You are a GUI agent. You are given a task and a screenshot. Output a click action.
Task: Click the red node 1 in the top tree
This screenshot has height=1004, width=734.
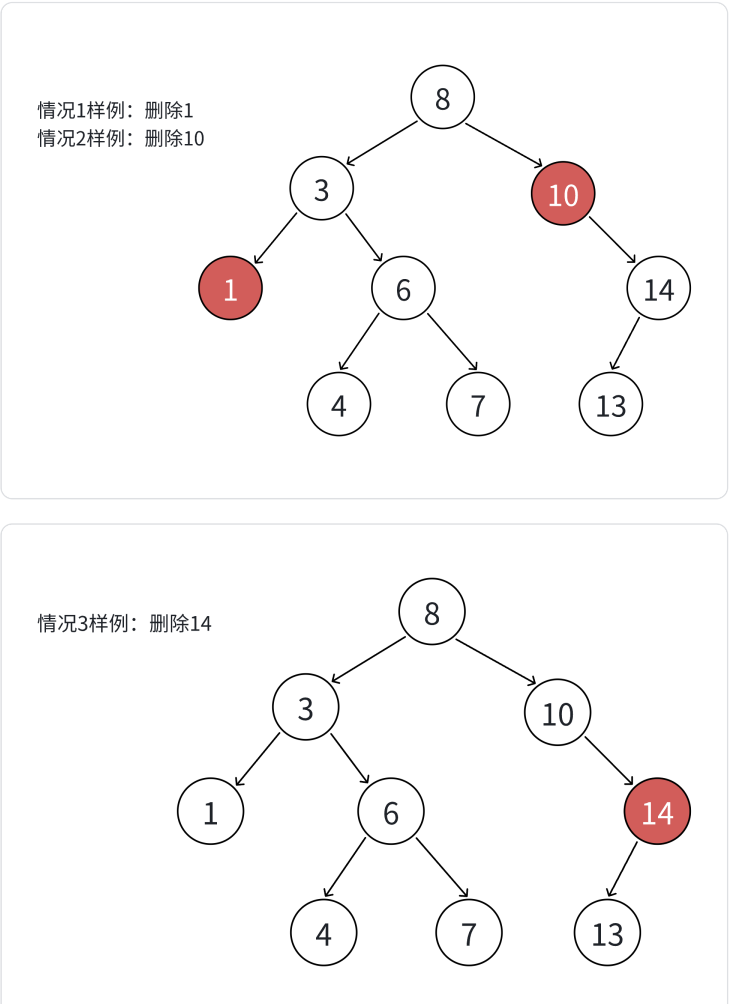click(x=230, y=289)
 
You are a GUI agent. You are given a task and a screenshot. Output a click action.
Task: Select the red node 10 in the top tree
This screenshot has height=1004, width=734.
click(x=563, y=194)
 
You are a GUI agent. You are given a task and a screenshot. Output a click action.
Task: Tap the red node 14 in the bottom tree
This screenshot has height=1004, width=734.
click(x=657, y=812)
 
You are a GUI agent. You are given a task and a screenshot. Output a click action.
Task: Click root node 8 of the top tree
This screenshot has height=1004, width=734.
click(x=443, y=98)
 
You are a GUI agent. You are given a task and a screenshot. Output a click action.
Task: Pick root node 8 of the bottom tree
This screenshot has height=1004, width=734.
click(x=432, y=613)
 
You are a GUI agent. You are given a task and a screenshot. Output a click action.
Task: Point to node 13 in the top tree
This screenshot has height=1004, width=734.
click(x=610, y=405)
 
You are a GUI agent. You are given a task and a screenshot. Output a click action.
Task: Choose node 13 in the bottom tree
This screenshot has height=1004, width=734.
click(x=607, y=933)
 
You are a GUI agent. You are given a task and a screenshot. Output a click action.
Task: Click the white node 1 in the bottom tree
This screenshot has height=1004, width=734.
click(x=210, y=812)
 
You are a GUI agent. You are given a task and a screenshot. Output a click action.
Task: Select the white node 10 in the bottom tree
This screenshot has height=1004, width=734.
click(x=557, y=713)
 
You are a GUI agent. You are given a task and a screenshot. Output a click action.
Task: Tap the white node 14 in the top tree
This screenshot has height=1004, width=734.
click(x=659, y=289)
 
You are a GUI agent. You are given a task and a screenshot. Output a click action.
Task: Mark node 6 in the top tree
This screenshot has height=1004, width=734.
click(x=403, y=289)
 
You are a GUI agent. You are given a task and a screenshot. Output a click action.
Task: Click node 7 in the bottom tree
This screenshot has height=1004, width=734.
click(x=469, y=933)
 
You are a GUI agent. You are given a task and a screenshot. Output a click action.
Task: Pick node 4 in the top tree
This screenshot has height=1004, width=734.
click(x=339, y=405)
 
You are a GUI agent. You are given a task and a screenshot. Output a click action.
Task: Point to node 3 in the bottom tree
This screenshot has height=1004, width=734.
click(x=305, y=708)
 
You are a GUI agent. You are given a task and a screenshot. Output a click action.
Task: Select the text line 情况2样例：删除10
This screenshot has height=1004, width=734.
click(x=120, y=138)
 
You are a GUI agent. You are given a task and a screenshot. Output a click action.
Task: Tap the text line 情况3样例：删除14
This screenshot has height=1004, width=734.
click(x=124, y=624)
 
